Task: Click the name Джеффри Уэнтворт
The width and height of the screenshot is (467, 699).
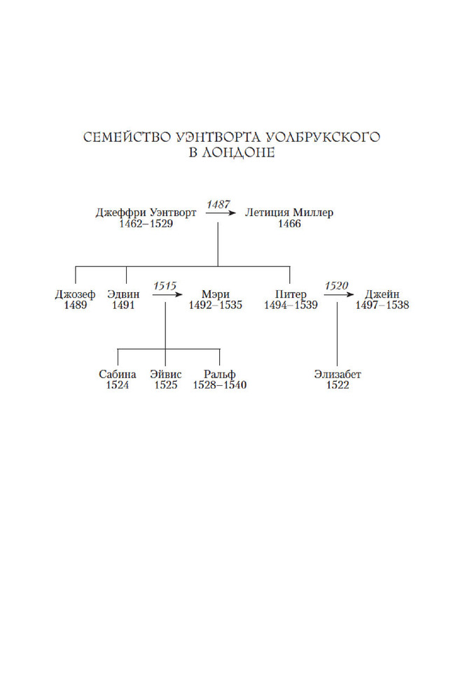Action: click(x=146, y=212)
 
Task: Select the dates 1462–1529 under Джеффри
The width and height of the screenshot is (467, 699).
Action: click(x=146, y=224)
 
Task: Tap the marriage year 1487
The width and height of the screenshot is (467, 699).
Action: click(x=218, y=205)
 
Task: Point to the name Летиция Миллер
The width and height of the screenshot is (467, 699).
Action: click(x=289, y=212)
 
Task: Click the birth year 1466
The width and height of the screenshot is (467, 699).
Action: click(x=289, y=224)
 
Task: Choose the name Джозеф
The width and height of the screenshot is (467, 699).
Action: click(x=75, y=294)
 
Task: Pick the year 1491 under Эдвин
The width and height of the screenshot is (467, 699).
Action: click(x=123, y=305)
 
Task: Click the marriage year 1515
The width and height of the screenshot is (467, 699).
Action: click(x=165, y=286)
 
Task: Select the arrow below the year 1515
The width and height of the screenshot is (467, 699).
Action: click(x=167, y=295)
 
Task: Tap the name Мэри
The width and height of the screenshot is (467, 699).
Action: click(x=215, y=294)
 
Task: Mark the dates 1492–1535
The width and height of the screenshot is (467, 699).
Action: click(x=215, y=305)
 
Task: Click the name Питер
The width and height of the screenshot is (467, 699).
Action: click(x=291, y=294)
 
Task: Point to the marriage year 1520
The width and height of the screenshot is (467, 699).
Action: click(x=337, y=286)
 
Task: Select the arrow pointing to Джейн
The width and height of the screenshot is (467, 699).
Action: click(x=339, y=295)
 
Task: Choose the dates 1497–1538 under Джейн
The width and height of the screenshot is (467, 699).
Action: click(x=382, y=305)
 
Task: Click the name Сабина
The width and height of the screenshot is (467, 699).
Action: click(x=118, y=375)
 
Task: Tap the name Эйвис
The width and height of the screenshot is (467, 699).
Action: click(x=166, y=375)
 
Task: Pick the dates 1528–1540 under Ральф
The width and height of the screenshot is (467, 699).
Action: click(x=220, y=385)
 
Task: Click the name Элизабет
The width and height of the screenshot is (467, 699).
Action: click(x=337, y=375)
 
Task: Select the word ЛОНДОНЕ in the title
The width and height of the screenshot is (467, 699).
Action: click(x=238, y=152)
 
